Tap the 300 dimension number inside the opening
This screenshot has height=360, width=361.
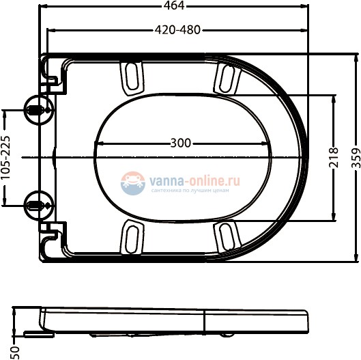coord(181,143)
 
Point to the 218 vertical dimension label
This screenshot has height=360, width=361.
coord(333,158)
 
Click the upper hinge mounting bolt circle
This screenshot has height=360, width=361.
coord(36,109)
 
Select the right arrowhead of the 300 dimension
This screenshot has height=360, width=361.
coord(268,143)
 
